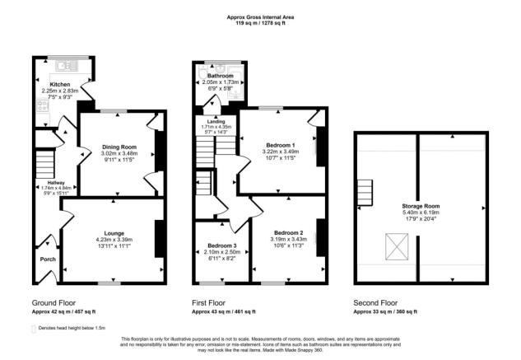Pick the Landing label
coord(216,121)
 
